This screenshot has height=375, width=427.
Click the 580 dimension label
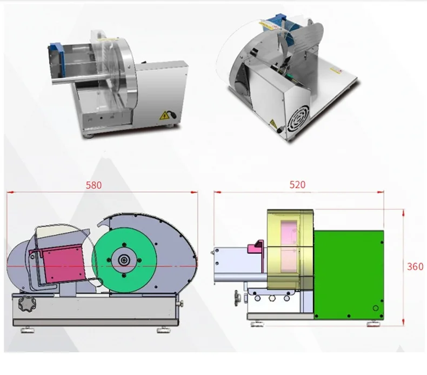(94, 185)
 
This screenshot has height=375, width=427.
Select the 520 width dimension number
(297, 184)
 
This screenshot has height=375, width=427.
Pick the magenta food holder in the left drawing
(63, 263)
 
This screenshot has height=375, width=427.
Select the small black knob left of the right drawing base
(236, 297)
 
